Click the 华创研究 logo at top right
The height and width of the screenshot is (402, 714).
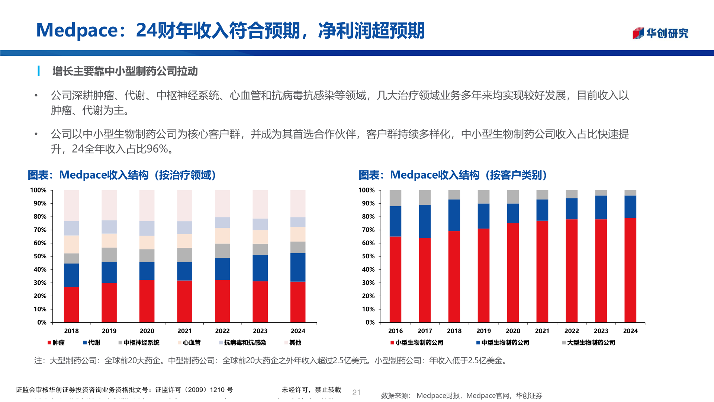tap(660, 33)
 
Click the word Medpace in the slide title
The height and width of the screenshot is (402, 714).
tap(77, 31)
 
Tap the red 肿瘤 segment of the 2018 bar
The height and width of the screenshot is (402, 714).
tap(71, 304)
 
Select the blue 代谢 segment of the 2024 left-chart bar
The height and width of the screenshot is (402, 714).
tap(297, 267)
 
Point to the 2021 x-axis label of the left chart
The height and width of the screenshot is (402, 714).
tap(184, 331)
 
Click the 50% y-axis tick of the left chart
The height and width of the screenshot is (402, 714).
tap(40, 256)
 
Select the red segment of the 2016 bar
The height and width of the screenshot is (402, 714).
tap(395, 279)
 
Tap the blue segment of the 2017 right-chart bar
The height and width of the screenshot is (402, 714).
tap(425, 221)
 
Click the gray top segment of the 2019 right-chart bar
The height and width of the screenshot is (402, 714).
tap(483, 197)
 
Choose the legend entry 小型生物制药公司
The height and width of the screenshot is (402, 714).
tap(419, 342)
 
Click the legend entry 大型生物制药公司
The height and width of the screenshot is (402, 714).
tap(590, 342)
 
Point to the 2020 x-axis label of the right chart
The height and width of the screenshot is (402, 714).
tap(513, 331)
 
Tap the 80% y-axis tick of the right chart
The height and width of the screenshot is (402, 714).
tap(368, 217)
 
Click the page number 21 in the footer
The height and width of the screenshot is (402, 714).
tap(356, 392)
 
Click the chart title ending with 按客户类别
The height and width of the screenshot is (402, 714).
tap(453, 175)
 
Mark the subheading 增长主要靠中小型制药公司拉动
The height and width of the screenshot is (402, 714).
tap(125, 71)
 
